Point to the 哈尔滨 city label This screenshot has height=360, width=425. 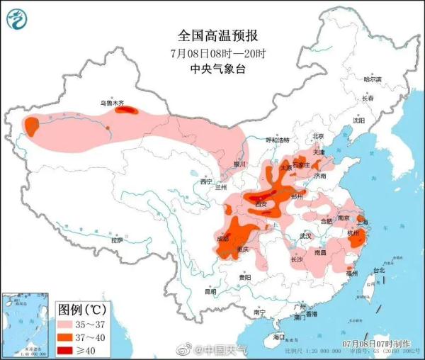click(372, 79)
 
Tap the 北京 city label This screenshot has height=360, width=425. click(317, 136)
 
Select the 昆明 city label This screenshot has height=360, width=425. click(210, 291)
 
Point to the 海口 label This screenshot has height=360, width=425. click(278, 336)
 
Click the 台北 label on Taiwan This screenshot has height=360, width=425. click(378, 270)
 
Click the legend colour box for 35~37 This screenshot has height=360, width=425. click(68, 324)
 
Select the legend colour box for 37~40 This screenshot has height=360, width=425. click(68, 337)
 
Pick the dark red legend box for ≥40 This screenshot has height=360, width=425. click(68, 350)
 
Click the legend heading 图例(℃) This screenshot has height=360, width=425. click(81, 309)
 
